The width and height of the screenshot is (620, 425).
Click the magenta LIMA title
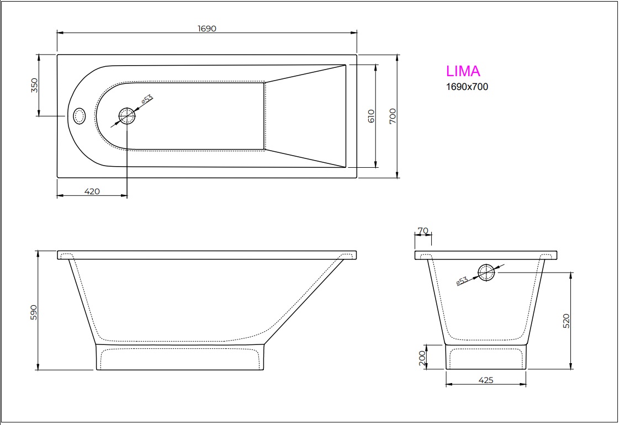[463, 71]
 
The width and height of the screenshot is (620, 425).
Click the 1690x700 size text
[467, 87]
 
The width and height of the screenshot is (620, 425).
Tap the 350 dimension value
[34, 86]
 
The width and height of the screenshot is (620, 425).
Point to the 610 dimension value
[370, 116]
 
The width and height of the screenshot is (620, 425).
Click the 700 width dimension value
[393, 116]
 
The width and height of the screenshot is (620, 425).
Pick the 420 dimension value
[92, 192]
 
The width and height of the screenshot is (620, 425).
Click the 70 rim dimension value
[423, 230]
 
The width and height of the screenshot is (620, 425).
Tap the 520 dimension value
[566, 320]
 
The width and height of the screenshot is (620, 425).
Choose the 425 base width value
[486, 380]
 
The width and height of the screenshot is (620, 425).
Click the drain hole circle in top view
[127, 116]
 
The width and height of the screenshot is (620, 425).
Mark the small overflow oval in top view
[80, 116]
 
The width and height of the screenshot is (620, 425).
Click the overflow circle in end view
[486, 273]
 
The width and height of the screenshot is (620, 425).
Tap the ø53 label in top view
[146, 100]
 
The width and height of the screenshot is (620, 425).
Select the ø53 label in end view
[462, 281]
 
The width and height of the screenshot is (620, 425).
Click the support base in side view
[180, 357]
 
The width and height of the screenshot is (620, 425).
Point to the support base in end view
[486, 357]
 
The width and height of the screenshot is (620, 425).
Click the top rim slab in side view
[207, 255]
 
